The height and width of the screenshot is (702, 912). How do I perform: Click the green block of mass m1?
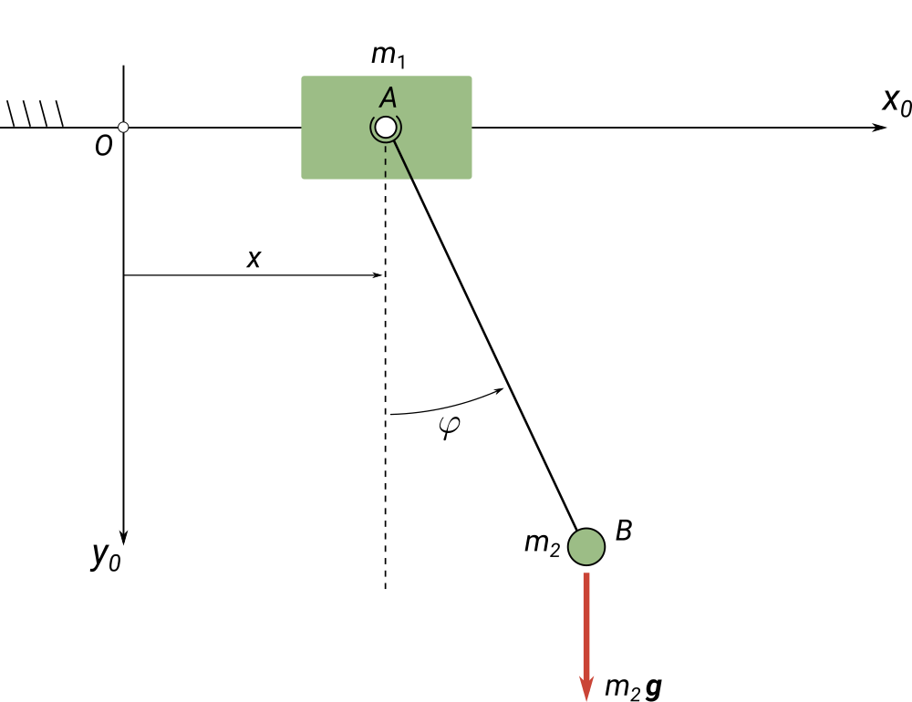(386, 128)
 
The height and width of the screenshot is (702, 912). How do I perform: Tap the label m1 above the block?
(388, 56)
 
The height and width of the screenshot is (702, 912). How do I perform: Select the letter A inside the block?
(388, 98)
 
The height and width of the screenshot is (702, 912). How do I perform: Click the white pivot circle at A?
(386, 127)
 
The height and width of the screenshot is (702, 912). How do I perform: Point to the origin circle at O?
(123, 128)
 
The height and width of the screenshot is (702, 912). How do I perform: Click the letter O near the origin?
(104, 146)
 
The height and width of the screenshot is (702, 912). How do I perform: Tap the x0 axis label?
(896, 102)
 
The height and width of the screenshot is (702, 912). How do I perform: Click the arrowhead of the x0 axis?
(879, 128)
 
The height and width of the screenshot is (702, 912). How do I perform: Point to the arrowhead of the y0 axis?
(123, 538)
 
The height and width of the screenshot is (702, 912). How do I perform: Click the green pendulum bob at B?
(586, 547)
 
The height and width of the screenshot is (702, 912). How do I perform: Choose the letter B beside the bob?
(624, 531)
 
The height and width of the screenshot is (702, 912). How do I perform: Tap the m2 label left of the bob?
(542, 544)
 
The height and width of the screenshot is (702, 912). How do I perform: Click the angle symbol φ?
(449, 428)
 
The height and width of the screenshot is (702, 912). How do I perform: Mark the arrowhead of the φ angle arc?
(498, 391)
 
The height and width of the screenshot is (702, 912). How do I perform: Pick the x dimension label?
(254, 258)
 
